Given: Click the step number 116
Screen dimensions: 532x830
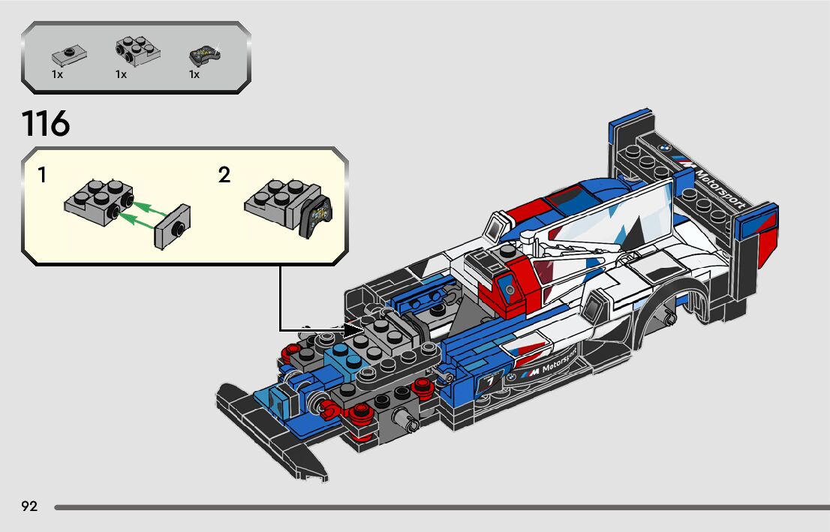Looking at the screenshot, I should click(46, 124).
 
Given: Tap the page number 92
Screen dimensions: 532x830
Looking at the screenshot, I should click(29, 506).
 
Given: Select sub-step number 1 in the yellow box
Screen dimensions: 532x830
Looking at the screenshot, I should click(42, 176).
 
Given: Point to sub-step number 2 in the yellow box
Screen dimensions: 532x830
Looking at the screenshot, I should click(224, 176).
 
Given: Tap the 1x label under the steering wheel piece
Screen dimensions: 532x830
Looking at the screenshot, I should click(194, 75).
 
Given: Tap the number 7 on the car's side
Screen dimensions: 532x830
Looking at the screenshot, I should click(490, 383).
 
